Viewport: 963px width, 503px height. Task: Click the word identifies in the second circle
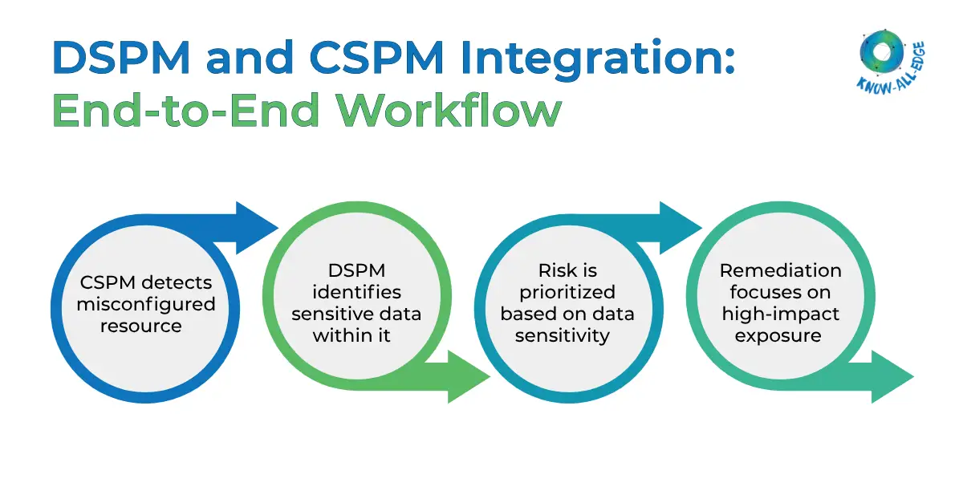[356, 293]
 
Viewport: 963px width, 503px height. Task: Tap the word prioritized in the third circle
[568, 292]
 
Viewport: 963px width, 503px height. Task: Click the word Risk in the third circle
[568, 271]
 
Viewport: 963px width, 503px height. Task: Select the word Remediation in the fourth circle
[780, 271]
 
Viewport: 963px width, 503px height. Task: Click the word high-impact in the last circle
[779, 314]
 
